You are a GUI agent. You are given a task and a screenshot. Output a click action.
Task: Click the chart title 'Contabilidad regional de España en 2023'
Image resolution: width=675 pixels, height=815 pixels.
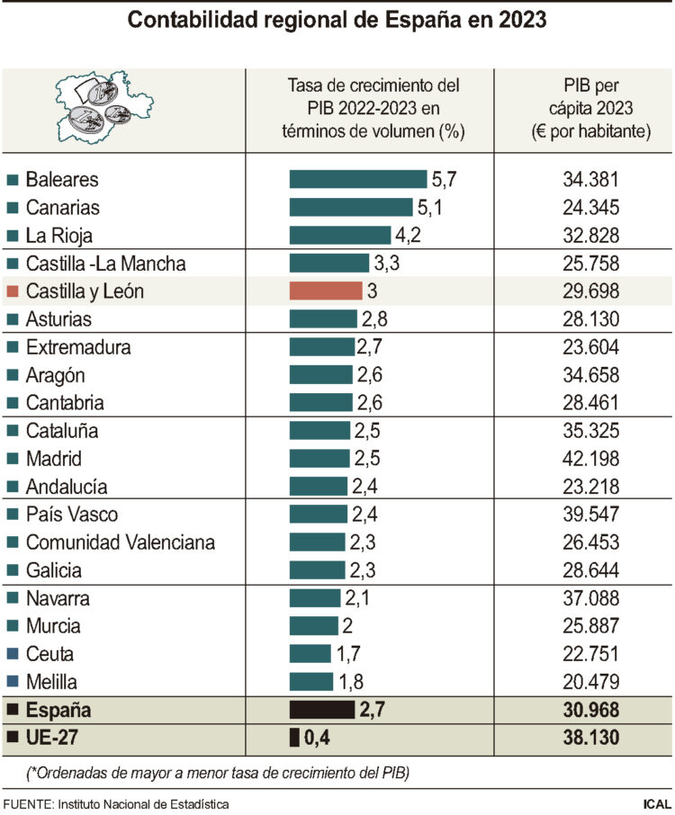337,20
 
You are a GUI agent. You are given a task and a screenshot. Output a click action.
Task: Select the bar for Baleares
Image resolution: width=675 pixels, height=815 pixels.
357,179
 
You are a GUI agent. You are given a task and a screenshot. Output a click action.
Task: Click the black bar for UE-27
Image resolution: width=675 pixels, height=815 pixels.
294,739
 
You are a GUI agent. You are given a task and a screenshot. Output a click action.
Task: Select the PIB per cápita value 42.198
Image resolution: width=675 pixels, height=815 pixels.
589,459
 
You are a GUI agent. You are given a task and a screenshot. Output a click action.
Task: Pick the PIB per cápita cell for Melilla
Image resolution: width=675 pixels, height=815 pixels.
589,682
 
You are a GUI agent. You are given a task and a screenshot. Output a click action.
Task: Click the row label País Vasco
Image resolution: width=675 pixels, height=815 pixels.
72,515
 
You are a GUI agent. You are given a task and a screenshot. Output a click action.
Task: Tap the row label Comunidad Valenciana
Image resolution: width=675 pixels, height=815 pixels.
119,542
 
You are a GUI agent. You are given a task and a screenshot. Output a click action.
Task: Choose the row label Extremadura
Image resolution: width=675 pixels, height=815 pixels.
78,347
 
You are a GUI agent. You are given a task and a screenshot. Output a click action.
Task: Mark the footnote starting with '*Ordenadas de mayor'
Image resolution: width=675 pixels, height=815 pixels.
216,772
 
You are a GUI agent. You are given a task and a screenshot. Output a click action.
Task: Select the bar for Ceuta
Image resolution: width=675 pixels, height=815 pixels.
310,654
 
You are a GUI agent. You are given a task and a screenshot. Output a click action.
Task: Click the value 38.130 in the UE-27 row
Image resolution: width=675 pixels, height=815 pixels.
589,739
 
